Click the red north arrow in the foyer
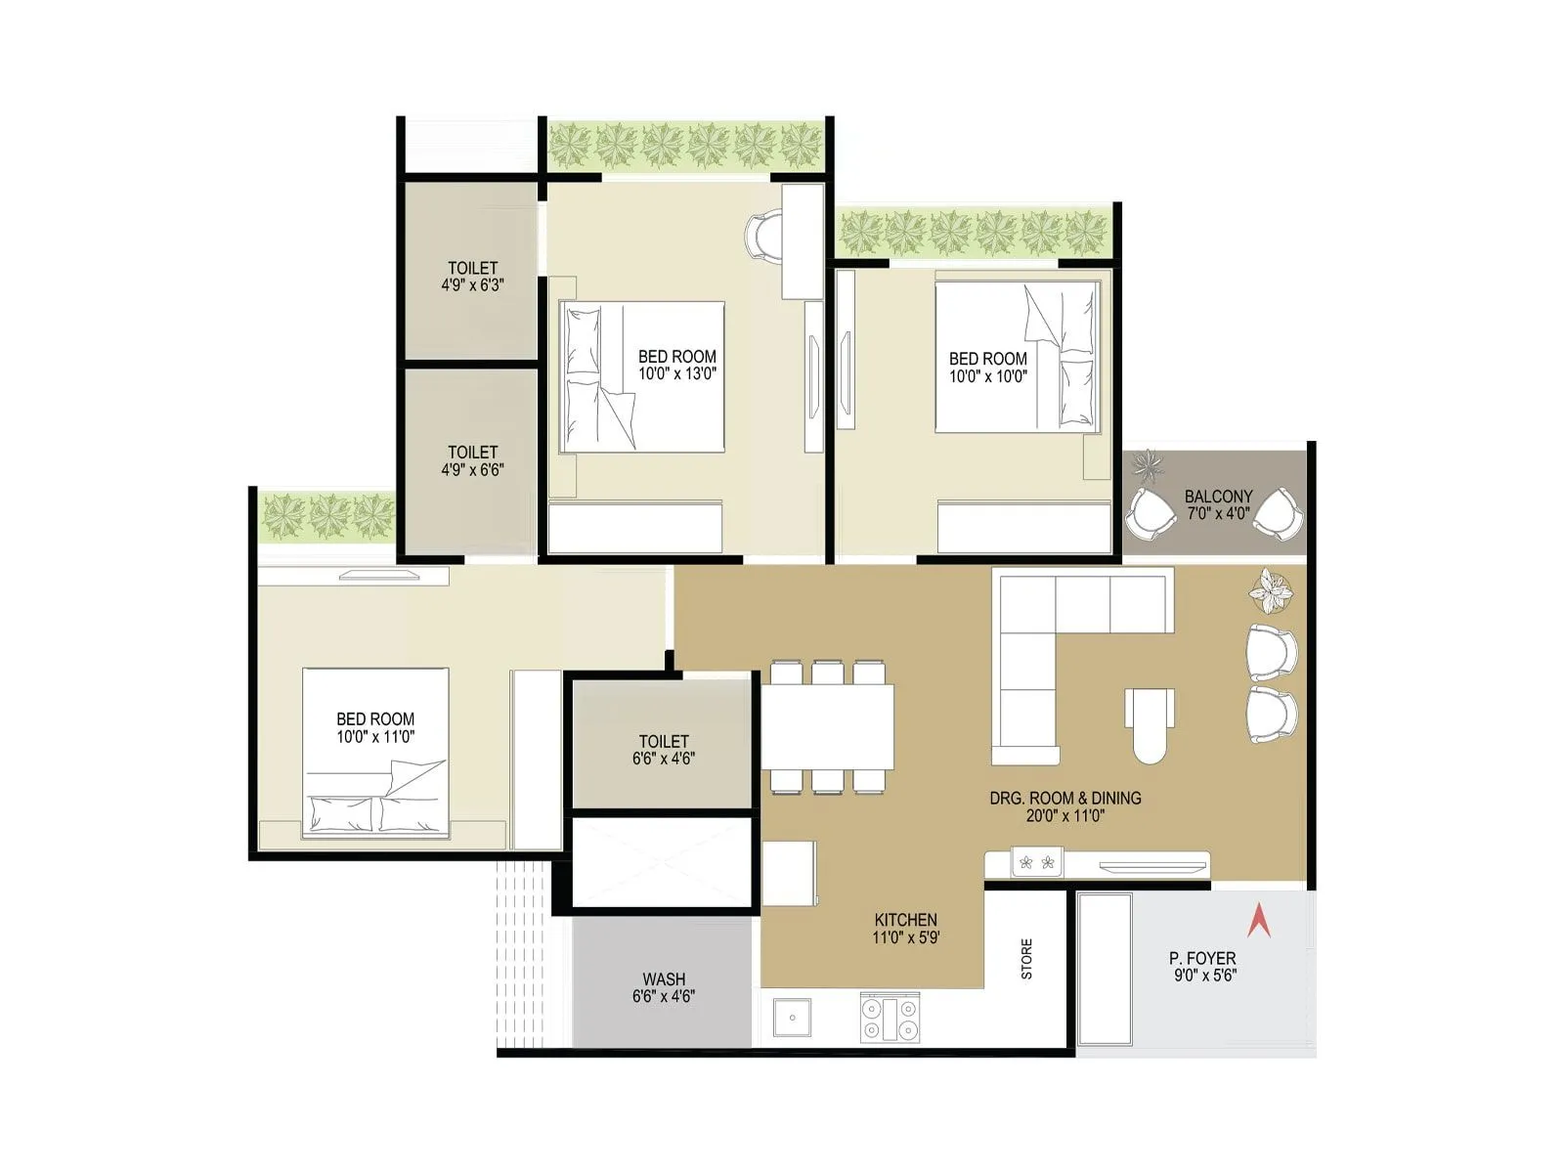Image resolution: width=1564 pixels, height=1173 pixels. click(x=1259, y=921)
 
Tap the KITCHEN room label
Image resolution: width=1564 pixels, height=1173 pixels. click(x=905, y=920)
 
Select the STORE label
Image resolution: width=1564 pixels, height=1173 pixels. click(x=1026, y=959)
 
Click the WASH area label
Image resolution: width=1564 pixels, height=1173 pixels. click(x=664, y=978)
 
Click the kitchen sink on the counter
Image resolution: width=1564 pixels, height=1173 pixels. click(x=791, y=1018)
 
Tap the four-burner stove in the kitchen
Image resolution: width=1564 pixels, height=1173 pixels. click(x=890, y=1018)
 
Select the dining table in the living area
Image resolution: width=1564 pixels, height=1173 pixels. click(x=828, y=726)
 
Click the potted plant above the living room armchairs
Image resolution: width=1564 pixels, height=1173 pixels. click(x=1271, y=590)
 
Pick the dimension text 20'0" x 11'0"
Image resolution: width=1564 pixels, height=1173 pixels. click(x=1064, y=816)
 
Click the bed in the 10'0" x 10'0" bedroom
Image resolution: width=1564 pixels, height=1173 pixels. click(x=1017, y=357)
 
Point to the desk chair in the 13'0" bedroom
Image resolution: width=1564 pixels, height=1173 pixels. click(x=762, y=236)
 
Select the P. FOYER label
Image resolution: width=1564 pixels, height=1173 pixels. click(x=1202, y=959)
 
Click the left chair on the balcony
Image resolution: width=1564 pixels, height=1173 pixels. click(x=1151, y=513)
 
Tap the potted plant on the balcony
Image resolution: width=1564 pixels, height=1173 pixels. click(x=1147, y=466)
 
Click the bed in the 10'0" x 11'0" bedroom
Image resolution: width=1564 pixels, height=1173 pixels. click(x=375, y=753)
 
